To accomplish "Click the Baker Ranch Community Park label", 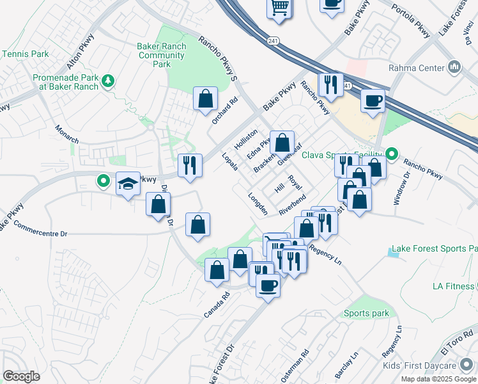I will [162, 55].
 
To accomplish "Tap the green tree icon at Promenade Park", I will [108, 81].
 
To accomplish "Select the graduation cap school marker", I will [128, 184].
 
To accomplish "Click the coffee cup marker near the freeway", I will [373, 100].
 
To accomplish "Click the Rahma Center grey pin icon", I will [454, 66].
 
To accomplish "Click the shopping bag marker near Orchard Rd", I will [206, 99].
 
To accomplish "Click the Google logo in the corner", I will [21, 376].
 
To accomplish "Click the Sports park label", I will [366, 313].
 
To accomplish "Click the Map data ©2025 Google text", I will [439, 379].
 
